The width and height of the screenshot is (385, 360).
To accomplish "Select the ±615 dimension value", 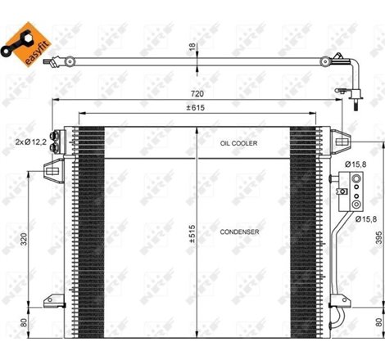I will (194, 110).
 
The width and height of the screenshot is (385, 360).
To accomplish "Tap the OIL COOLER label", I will (238, 142).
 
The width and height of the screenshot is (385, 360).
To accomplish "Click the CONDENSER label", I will (239, 232).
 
